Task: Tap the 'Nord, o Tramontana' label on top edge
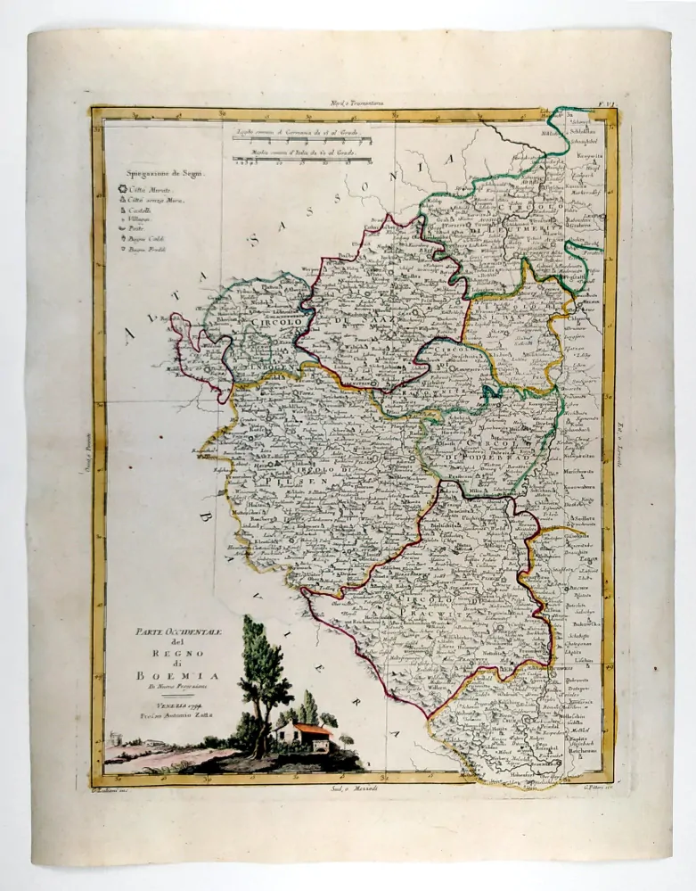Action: (x=356, y=103)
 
